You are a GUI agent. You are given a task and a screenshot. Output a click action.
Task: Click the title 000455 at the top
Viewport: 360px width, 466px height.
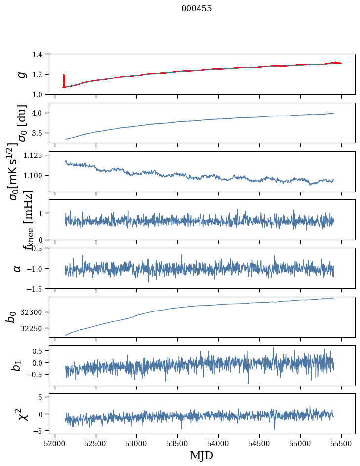point(197,9)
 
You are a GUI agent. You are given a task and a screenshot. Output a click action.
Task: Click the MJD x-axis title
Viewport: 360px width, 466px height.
point(201,455)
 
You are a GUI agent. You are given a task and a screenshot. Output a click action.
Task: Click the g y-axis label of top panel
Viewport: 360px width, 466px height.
point(21,74)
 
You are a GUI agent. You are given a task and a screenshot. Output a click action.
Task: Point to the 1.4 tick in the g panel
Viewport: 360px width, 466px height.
point(38,54)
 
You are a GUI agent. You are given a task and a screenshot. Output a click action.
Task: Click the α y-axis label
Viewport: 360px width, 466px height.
point(17,268)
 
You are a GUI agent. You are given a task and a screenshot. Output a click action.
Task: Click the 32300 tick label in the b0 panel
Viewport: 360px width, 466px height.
point(32,312)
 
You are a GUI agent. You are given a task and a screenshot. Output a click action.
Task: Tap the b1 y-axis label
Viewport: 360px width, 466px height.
point(17,365)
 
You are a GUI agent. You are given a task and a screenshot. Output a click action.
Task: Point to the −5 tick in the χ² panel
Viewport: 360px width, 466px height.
point(38,431)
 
